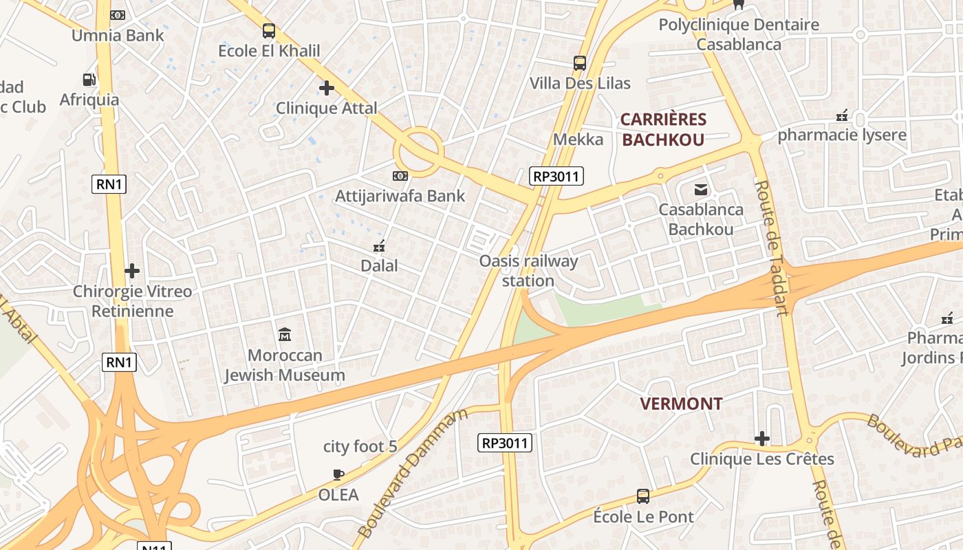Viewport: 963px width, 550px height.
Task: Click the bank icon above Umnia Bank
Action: pos(118,15)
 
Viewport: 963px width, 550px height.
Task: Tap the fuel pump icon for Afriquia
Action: pos(89,80)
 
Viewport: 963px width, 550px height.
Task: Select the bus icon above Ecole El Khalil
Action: pos(269,31)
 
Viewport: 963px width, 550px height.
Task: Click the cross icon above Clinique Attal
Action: pos(327,88)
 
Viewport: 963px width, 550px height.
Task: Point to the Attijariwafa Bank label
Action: pos(400,196)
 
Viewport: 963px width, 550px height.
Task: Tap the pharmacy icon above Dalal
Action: pos(379,245)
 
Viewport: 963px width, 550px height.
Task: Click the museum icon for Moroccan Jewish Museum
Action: pos(285,335)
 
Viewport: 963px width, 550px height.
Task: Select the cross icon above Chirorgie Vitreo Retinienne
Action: pos(132,271)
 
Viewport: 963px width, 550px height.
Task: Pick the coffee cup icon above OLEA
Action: pos(338,474)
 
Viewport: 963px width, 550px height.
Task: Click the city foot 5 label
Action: pos(360,447)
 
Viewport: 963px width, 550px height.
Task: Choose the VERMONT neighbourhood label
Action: pos(681,404)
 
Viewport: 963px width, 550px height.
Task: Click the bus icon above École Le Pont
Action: pos(643,496)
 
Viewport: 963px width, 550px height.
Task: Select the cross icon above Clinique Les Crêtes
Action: pos(762,439)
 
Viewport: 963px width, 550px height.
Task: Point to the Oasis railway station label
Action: pos(528,271)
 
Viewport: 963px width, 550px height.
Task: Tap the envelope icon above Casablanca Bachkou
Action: pos(701,189)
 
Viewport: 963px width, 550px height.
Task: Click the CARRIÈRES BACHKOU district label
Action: pos(663,129)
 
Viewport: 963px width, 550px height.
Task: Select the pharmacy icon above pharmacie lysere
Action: pos(841,115)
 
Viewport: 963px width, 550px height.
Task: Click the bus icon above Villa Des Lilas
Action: pos(580,63)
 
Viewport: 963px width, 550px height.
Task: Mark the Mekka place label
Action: pos(578,140)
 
